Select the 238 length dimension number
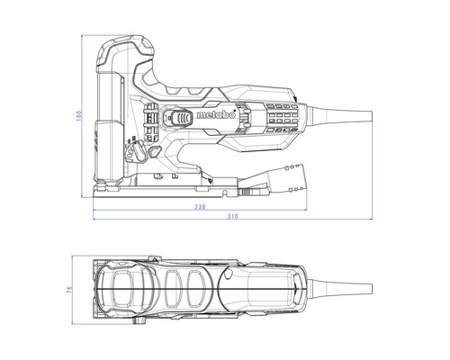coord(200,207)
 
